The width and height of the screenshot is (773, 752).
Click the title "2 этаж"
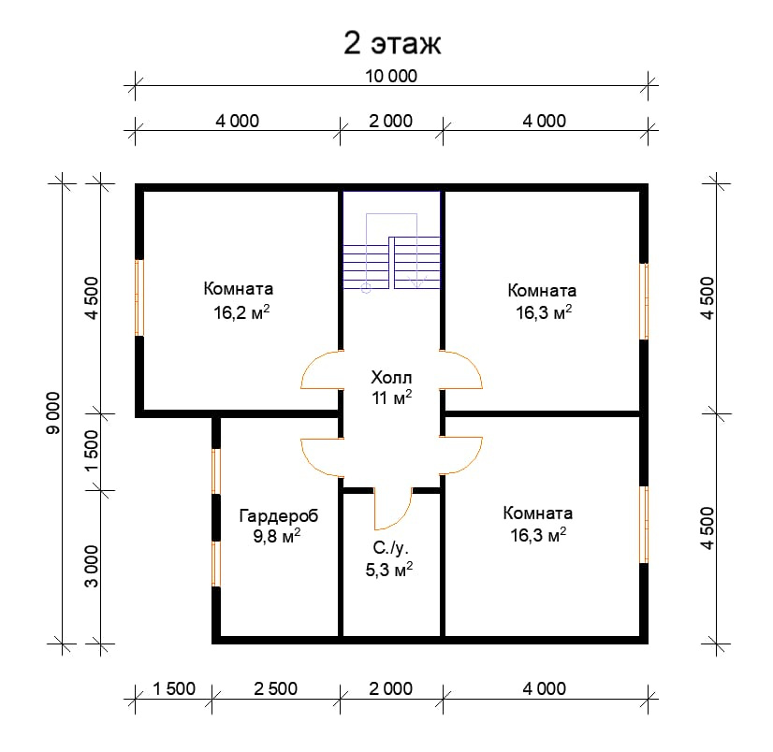point(392,43)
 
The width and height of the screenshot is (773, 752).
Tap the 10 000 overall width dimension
point(391,77)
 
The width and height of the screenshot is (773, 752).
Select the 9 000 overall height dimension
point(52,413)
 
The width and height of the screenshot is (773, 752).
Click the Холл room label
point(391,378)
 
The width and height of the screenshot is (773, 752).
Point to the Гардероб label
point(279,516)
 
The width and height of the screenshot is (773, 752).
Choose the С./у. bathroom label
point(390,548)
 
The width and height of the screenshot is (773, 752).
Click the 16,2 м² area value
point(241,312)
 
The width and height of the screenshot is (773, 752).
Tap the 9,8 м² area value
point(277,536)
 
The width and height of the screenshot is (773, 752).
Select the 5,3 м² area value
point(389,570)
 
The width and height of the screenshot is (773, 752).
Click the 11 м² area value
point(392,398)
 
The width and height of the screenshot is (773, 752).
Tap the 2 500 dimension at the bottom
point(275,688)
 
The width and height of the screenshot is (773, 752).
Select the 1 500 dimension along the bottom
point(174,688)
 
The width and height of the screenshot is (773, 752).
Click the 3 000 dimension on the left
point(92,566)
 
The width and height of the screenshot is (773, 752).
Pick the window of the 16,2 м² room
point(139,297)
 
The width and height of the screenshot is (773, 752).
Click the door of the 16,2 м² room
point(320,370)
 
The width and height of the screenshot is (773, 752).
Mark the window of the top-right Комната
point(644,301)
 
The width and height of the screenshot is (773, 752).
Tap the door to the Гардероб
point(321,457)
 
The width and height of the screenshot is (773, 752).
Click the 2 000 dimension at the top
point(391,121)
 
